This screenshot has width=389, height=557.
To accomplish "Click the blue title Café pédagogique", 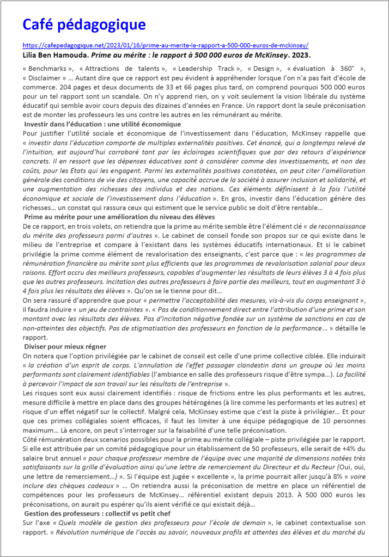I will (84, 25).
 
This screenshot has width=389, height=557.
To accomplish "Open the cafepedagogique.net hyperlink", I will (166, 46).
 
